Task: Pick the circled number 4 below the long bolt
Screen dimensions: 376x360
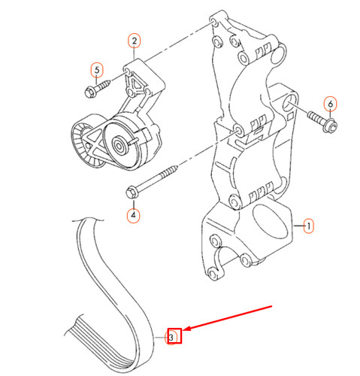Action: pyautogui.click(x=134, y=215)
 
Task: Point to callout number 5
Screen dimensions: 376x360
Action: pyautogui.click(x=96, y=71)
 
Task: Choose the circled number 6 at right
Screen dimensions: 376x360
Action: pyautogui.click(x=331, y=103)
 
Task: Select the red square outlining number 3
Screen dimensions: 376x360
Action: pyautogui.click(x=173, y=337)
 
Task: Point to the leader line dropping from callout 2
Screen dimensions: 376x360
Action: pyautogui.click(x=134, y=55)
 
